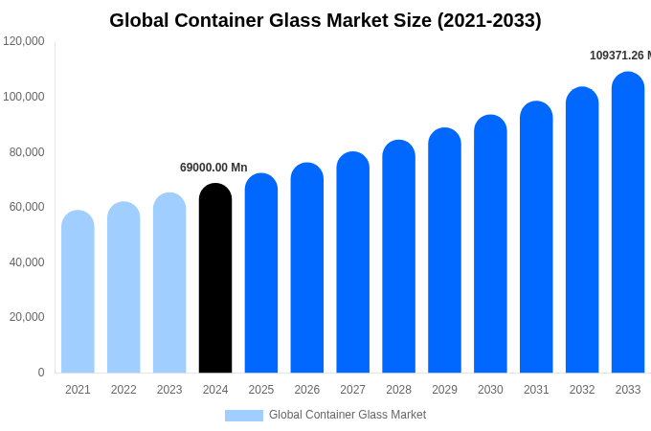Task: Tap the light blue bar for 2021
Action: pos(78,292)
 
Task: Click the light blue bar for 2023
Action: pos(169,283)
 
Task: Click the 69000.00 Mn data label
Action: pos(213,168)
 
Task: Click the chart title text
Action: pos(325,20)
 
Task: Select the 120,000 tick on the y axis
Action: pos(24,41)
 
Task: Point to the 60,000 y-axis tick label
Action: pos(27,207)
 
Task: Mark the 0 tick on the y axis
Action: pos(41,373)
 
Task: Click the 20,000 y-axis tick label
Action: pos(27,317)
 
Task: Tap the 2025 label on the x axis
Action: pos(261,390)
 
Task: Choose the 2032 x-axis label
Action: pos(582,390)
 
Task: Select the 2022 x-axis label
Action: pos(123,390)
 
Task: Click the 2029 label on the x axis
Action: pos(444,390)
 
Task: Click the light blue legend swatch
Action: pos(244,416)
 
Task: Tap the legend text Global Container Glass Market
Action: pos(348,415)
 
